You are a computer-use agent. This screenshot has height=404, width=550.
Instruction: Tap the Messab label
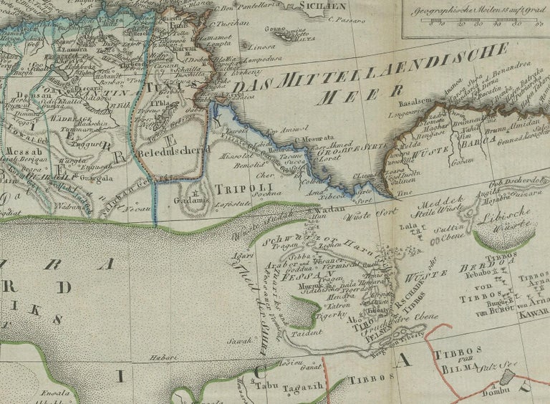tap(20, 152)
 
